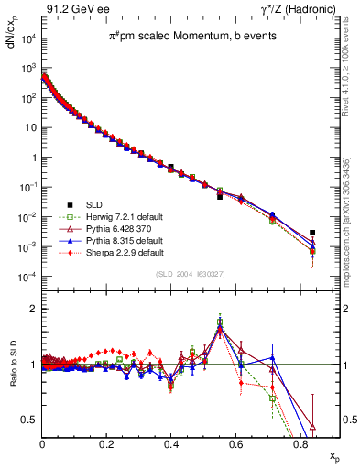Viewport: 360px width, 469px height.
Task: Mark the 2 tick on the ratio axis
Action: coord(34,309)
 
